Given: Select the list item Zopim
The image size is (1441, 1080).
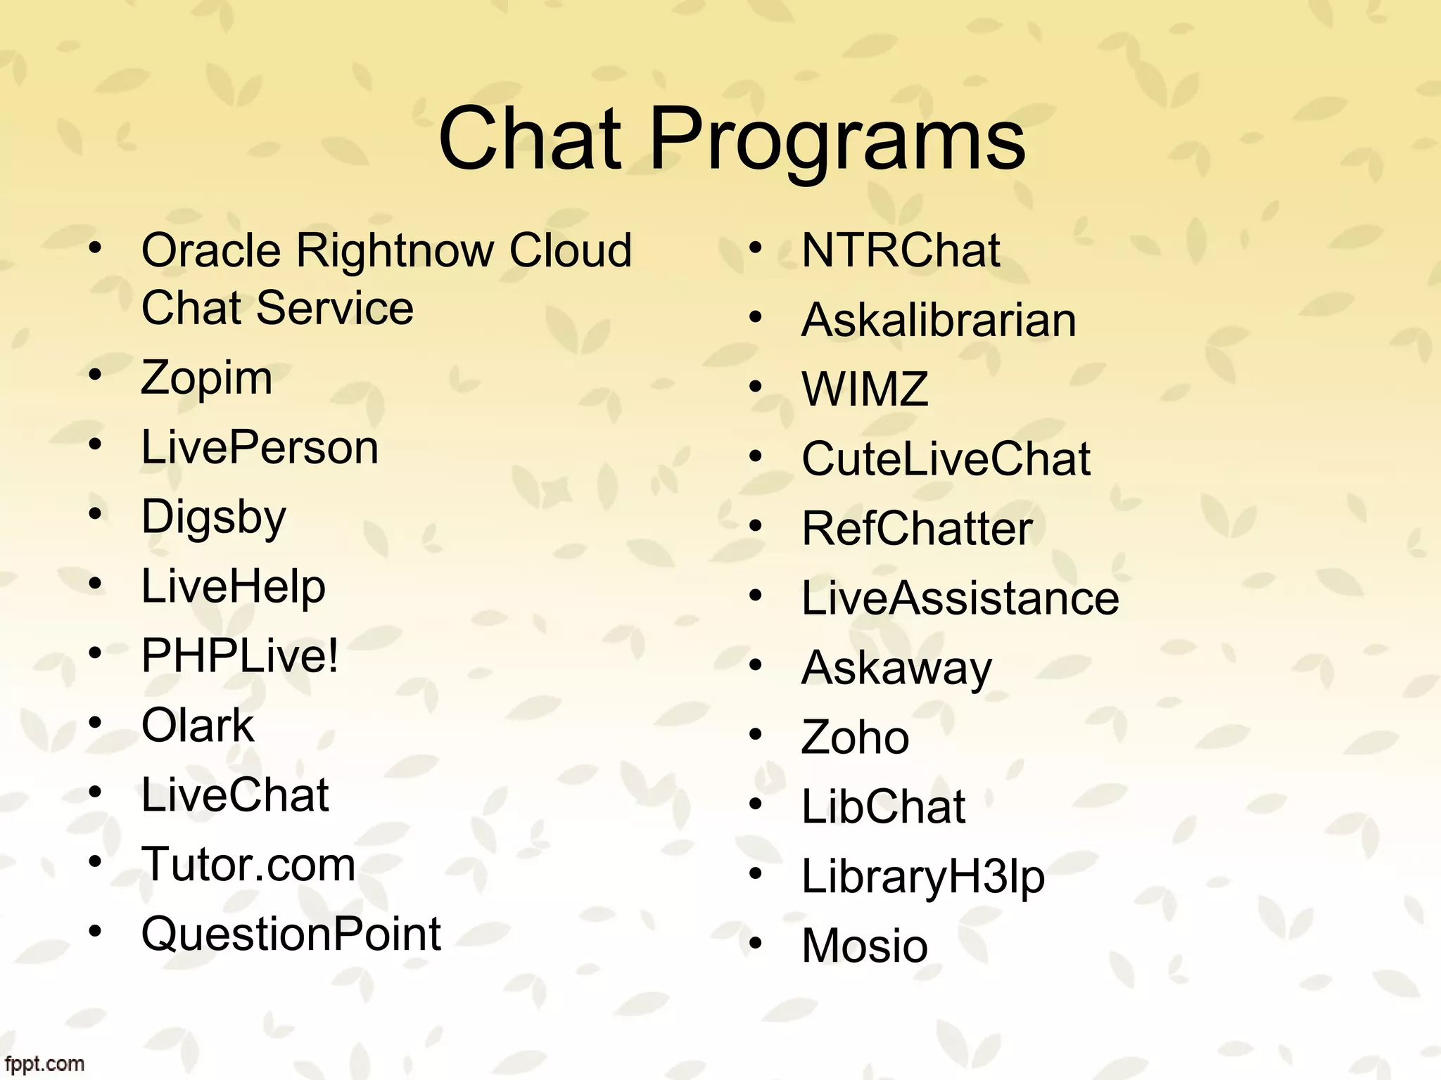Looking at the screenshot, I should tap(206, 378).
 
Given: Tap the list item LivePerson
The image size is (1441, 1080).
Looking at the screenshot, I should tap(260, 447).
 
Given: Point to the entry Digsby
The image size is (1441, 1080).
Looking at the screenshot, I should tap(214, 517).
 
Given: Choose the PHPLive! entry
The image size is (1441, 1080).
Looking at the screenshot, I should tap(240, 655).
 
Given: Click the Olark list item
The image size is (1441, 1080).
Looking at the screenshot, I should tap(197, 725).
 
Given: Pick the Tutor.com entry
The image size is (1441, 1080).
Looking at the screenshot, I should tap(248, 864).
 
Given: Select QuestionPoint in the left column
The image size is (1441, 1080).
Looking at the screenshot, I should tap(291, 934).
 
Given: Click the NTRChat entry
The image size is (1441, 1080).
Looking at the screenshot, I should tap(901, 250).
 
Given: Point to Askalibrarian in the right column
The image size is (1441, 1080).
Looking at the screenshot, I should tap(939, 320).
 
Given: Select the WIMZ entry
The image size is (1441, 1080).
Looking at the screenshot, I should tap(865, 389).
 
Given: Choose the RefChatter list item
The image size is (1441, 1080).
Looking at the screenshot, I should tap(917, 528).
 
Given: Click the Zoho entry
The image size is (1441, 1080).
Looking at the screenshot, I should tap(855, 737).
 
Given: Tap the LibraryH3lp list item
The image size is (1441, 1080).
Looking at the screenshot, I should tap(923, 877).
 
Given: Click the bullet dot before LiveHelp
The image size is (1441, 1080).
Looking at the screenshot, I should tap(96, 583).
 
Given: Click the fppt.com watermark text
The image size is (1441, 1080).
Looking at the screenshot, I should tap(44, 1064).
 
